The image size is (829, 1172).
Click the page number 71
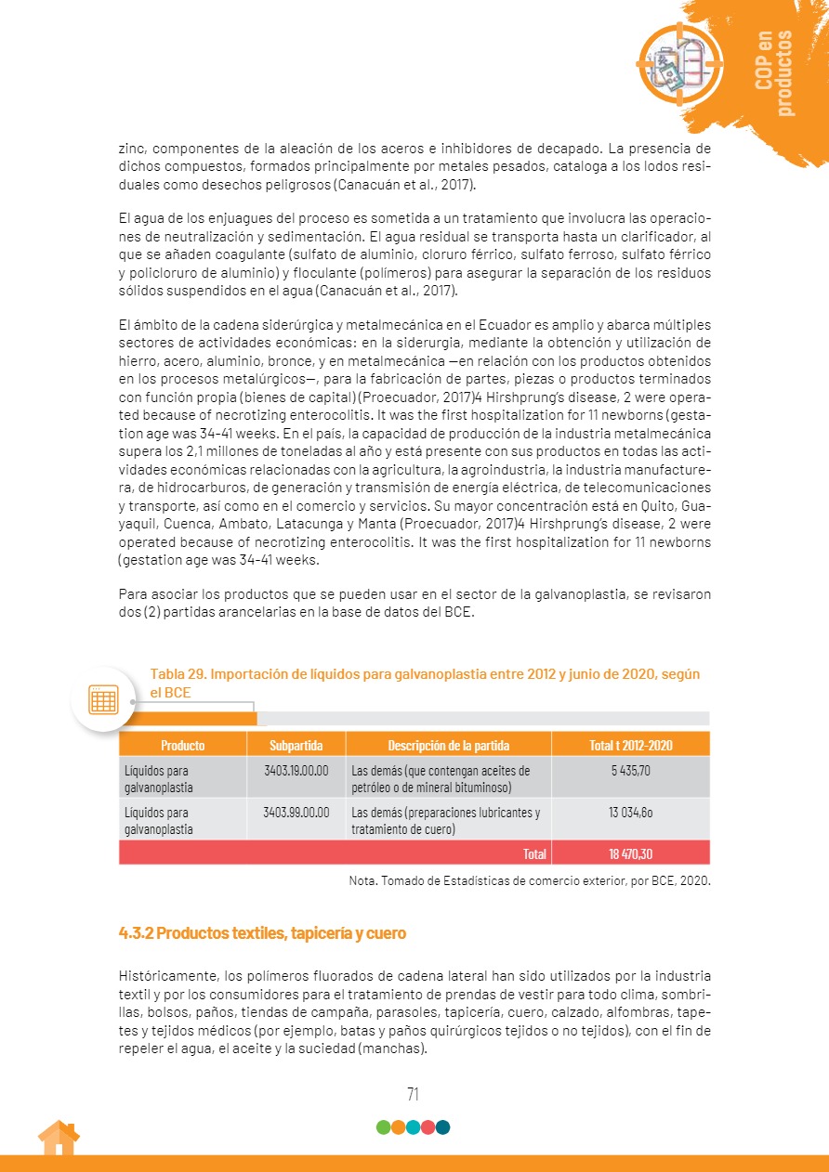414,1094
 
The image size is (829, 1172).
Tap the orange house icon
59,1138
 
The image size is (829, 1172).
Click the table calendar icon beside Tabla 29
103,699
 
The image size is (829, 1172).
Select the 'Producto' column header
182,745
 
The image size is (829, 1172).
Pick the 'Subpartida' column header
296,745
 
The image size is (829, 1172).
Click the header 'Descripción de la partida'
448,745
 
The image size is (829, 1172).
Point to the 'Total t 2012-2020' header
630,745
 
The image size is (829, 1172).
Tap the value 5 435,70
630,770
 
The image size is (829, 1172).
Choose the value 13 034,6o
630,812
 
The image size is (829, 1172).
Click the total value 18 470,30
630,853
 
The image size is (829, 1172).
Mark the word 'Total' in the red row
534,853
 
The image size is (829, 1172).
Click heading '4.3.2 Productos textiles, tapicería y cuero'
263,932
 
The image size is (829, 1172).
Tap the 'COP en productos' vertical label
774,73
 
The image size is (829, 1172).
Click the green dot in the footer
383,1127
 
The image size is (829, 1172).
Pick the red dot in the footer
428,1127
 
